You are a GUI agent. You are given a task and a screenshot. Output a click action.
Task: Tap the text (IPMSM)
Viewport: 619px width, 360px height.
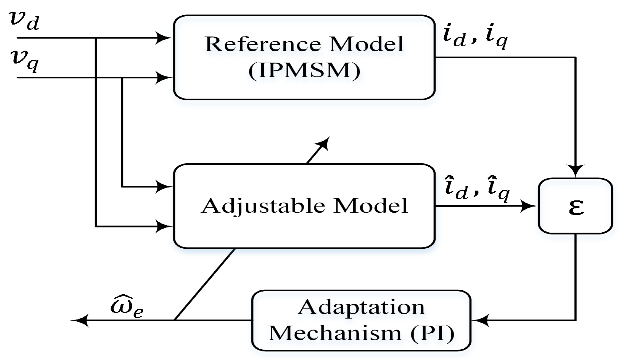pos(304,71)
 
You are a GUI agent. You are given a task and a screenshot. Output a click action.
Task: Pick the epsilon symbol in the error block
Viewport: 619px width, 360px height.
pos(576,207)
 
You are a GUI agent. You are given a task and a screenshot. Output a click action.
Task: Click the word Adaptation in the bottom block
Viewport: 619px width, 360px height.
pos(361,307)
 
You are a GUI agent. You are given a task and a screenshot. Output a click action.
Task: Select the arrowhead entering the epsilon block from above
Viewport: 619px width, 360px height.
pos(575,171)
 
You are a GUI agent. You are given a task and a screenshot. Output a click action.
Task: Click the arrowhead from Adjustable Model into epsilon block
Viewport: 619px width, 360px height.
pos(529,206)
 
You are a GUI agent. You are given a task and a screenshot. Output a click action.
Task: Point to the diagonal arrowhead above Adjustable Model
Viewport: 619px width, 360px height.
pos(324,143)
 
